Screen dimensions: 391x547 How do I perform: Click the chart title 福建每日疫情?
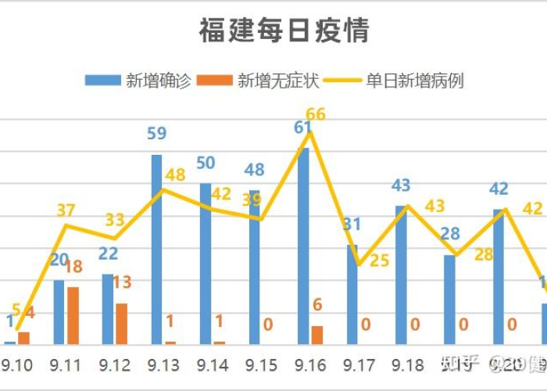coord(284,31)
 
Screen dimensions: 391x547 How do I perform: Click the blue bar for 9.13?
coord(156,249)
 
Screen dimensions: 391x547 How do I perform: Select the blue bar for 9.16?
coord(303,246)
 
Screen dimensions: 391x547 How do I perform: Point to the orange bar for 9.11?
coord(73,315)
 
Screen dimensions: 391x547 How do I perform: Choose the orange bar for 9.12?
coord(121,324)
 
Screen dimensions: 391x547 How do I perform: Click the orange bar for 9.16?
coord(316,335)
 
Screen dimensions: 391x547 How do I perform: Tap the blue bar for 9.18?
coord(401,274)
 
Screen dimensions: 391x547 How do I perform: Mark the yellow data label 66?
coord(315,114)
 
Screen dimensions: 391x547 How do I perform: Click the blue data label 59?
coord(157,134)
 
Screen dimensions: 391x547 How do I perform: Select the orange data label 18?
coord(73,267)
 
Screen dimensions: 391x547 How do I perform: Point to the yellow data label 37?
coord(66,210)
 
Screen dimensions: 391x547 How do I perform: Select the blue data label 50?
coord(206,163)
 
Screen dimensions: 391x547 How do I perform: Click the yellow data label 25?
coord(379,260)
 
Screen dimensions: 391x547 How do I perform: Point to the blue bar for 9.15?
coord(255,267)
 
